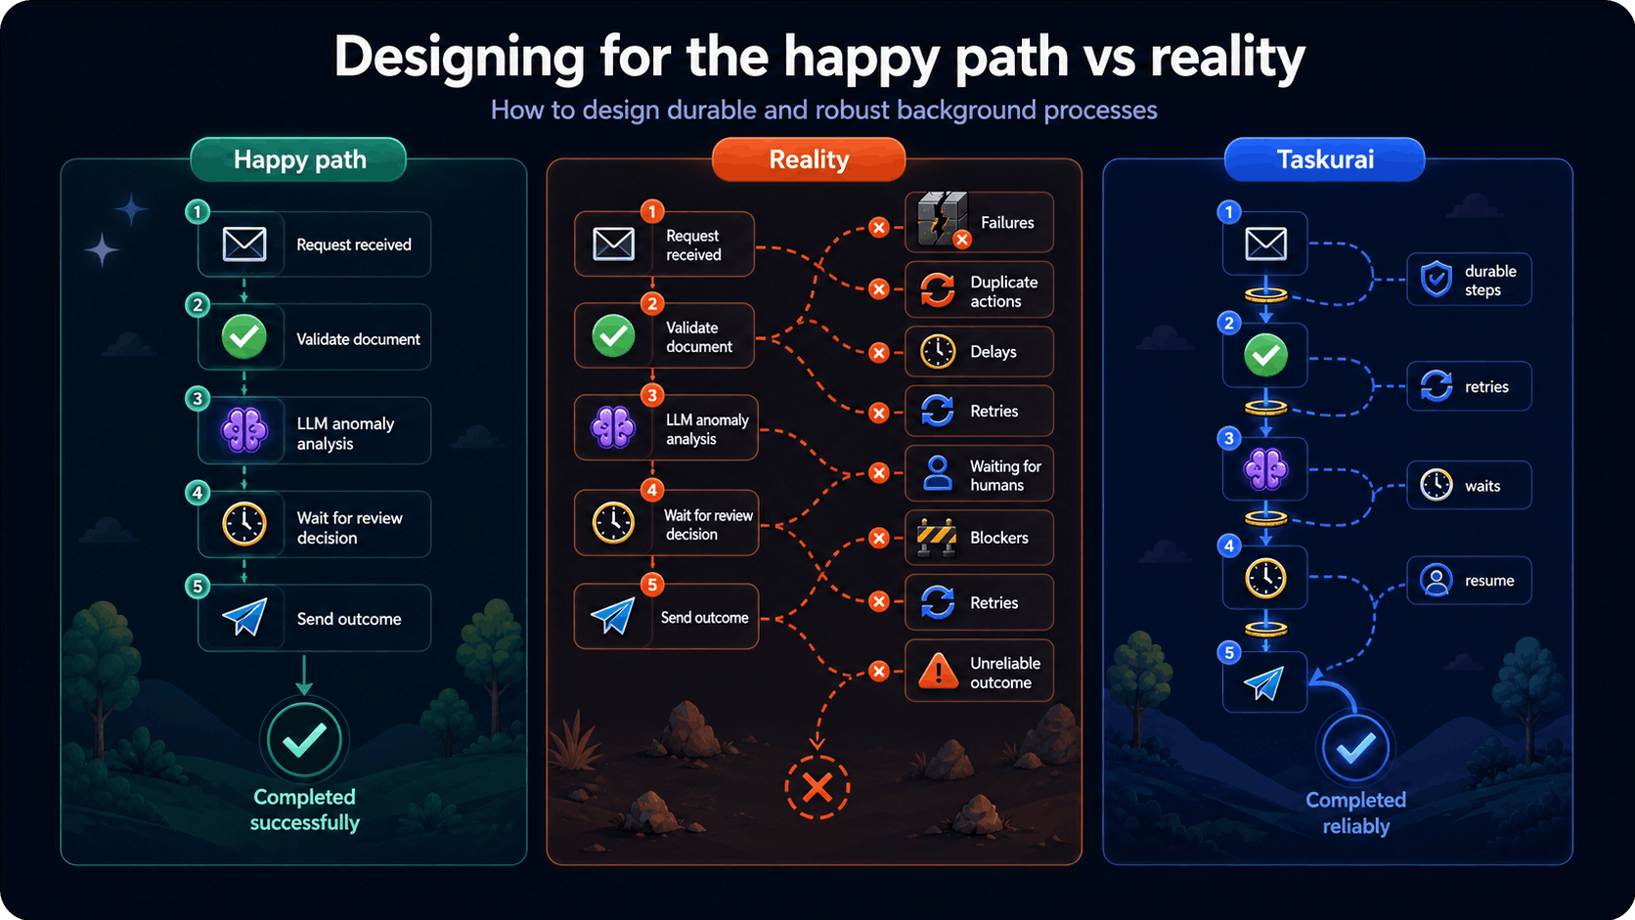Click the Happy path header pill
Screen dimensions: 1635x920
(x=298, y=159)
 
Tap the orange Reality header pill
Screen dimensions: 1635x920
(x=809, y=159)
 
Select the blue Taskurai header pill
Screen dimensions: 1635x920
(x=1325, y=159)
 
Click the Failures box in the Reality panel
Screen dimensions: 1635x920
(x=979, y=222)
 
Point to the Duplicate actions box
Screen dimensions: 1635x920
(x=979, y=290)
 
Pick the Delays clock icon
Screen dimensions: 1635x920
(x=938, y=352)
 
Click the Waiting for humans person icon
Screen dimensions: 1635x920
(x=937, y=473)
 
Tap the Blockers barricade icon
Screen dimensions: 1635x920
(x=937, y=538)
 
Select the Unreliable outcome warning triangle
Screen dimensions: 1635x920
(x=938, y=671)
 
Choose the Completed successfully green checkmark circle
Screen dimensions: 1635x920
(x=304, y=739)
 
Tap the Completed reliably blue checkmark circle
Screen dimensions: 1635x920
(x=1355, y=749)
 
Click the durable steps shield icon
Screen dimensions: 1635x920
(x=1436, y=280)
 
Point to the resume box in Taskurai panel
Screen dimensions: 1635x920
(x=1469, y=581)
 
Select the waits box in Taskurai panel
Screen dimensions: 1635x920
(x=1469, y=485)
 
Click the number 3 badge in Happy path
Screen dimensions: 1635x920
(x=198, y=398)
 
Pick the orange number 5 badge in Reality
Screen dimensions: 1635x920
(x=652, y=585)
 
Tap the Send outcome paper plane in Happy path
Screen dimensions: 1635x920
(x=244, y=617)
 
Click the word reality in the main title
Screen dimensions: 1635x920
(x=1227, y=57)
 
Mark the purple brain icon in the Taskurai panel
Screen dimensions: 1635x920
(x=1265, y=468)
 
